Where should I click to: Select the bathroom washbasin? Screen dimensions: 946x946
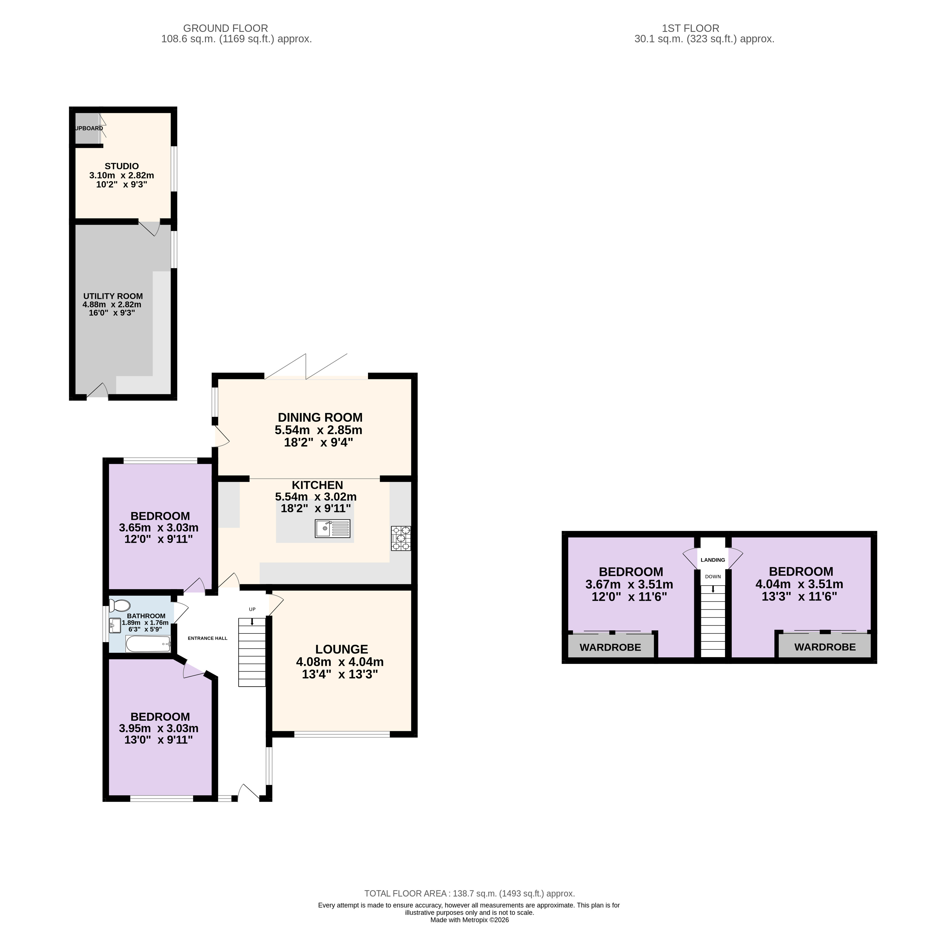115,626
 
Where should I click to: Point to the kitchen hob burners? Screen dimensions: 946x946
401,538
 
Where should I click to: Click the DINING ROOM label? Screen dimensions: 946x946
320,417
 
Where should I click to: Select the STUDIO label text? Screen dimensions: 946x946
122,166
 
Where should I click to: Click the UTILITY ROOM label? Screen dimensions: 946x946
113,296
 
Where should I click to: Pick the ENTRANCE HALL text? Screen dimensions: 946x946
208,638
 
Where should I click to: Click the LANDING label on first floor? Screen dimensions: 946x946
713,560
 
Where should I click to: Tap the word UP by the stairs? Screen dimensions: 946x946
252,609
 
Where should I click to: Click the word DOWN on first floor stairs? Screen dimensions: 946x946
713,577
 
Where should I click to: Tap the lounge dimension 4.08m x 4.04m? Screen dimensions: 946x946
340,662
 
